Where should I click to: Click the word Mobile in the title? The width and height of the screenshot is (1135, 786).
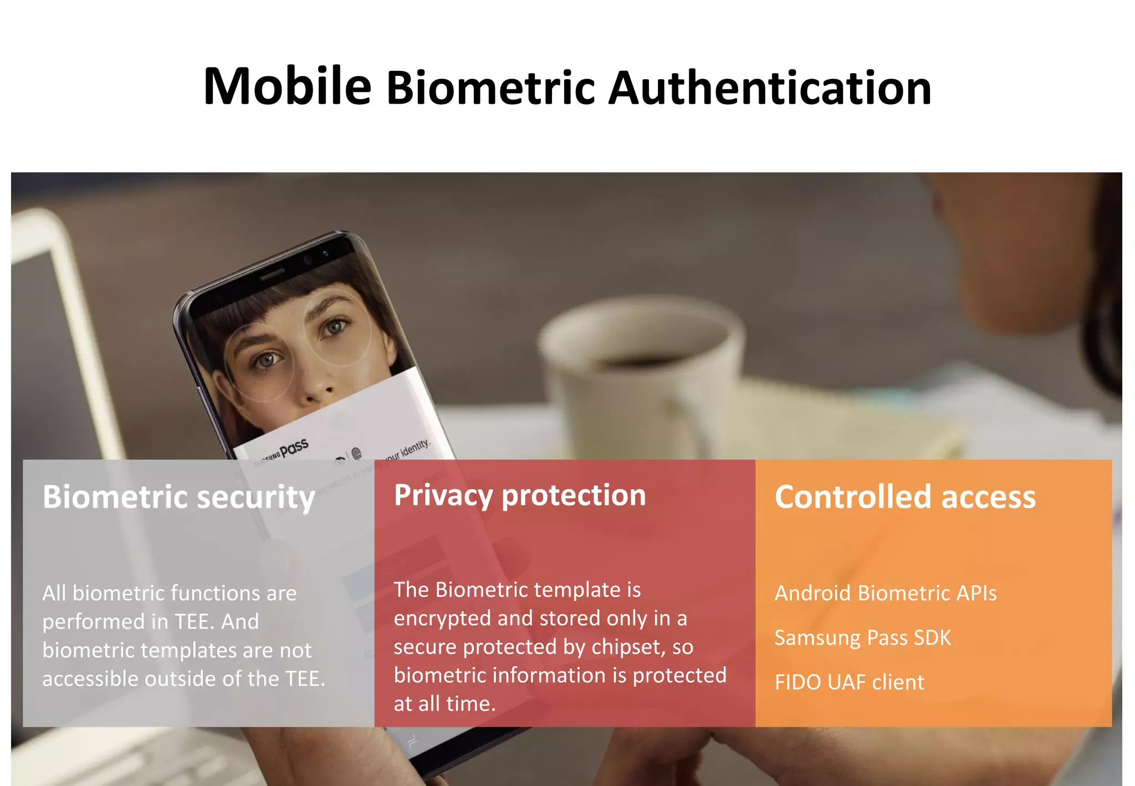click(x=287, y=86)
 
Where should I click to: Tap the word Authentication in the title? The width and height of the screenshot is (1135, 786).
click(x=770, y=89)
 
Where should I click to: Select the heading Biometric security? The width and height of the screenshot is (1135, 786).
click(x=178, y=497)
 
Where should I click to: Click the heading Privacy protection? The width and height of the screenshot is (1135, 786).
click(x=520, y=495)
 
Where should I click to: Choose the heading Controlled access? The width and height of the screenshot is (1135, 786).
click(x=905, y=497)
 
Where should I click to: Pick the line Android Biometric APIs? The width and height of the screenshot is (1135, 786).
click(x=886, y=593)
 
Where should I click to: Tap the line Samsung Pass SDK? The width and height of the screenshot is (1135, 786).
click(x=862, y=637)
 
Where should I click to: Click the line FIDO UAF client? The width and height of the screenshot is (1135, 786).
click(x=849, y=682)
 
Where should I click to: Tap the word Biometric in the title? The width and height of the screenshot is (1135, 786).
click(x=490, y=89)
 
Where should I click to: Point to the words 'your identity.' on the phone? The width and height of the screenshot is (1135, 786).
click(x=407, y=450)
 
